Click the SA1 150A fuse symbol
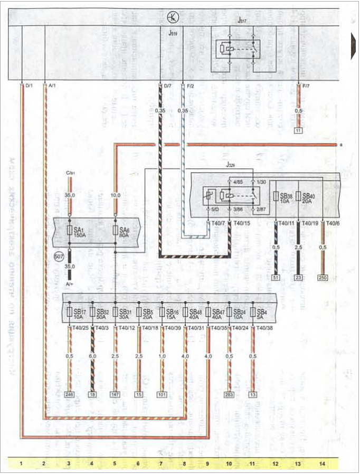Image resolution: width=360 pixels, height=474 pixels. (70, 231)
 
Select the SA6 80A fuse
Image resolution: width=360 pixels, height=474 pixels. (115, 231)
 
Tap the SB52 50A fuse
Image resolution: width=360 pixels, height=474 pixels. (93, 312)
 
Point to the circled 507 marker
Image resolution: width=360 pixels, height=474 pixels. (59, 257)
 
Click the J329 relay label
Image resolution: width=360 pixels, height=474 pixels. (231, 165)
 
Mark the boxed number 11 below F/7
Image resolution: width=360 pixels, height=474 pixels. (299, 129)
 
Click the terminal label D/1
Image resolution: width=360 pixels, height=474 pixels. (29, 84)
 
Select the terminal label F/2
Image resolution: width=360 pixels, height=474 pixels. (190, 84)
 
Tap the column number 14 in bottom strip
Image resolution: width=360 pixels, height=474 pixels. (322, 463)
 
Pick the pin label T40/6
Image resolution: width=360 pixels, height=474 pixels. (333, 223)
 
